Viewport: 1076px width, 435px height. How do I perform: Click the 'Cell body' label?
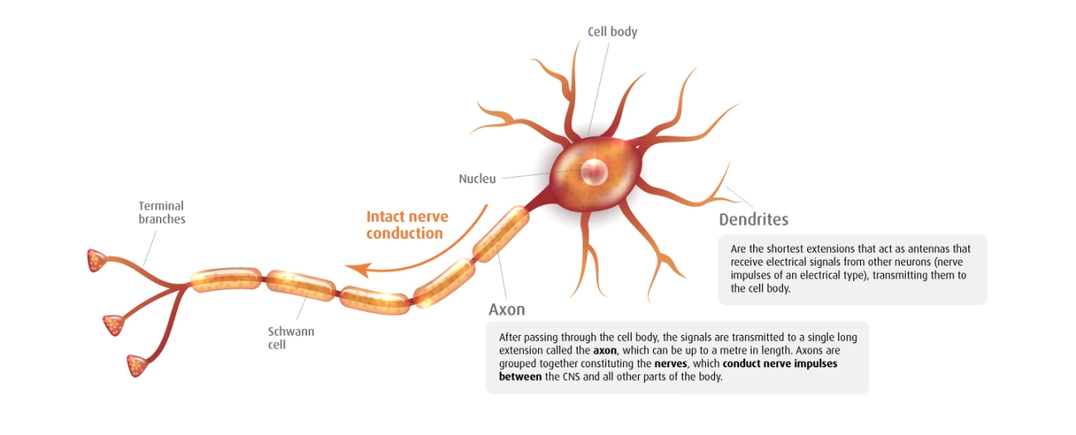(x=612, y=32)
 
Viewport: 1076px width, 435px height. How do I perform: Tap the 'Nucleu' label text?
(x=477, y=179)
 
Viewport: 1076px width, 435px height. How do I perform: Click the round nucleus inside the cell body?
(x=593, y=171)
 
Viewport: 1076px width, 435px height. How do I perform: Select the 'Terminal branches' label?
(x=161, y=213)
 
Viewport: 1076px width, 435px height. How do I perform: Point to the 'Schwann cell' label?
(x=291, y=337)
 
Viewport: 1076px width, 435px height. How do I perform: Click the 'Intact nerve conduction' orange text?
(x=406, y=225)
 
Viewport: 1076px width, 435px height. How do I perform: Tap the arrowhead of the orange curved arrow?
(x=353, y=269)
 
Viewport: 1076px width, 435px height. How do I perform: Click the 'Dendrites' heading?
(x=753, y=220)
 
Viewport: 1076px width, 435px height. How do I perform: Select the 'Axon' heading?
(x=507, y=310)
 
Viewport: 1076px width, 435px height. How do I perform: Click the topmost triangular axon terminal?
(x=97, y=261)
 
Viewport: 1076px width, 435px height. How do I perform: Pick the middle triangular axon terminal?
(x=113, y=324)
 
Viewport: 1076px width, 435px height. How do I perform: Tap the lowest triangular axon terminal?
(x=137, y=364)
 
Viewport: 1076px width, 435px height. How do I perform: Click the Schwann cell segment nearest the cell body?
(x=500, y=235)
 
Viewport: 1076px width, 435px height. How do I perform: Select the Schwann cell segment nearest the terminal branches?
(x=226, y=280)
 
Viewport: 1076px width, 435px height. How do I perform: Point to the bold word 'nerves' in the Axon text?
(x=670, y=364)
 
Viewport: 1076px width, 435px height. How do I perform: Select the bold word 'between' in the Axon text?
(x=521, y=377)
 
